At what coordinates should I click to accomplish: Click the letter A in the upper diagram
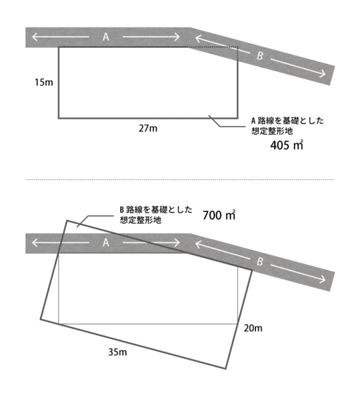pyautogui.click(x=106, y=37)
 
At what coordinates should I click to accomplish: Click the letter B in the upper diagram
pyautogui.click(x=260, y=57)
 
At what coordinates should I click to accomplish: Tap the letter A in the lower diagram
pyautogui.click(x=106, y=243)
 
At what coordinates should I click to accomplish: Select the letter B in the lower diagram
pyautogui.click(x=260, y=262)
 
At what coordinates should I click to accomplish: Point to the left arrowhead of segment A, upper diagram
pyautogui.click(x=33, y=37)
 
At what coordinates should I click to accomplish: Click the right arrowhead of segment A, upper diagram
pyautogui.click(x=177, y=37)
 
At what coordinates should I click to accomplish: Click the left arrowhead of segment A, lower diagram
pyautogui.click(x=33, y=243)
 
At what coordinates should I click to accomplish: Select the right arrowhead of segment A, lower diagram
pyautogui.click(x=177, y=243)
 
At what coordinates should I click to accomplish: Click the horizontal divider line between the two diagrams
pyautogui.click(x=180, y=179)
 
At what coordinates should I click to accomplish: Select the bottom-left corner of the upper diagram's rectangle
pyautogui.click(x=59, y=118)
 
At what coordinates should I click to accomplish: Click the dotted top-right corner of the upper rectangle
pyautogui.click(x=237, y=47)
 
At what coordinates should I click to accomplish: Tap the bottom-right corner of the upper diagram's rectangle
pyautogui.click(x=237, y=118)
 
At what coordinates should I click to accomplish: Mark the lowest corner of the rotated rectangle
pyautogui.click(x=226, y=368)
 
